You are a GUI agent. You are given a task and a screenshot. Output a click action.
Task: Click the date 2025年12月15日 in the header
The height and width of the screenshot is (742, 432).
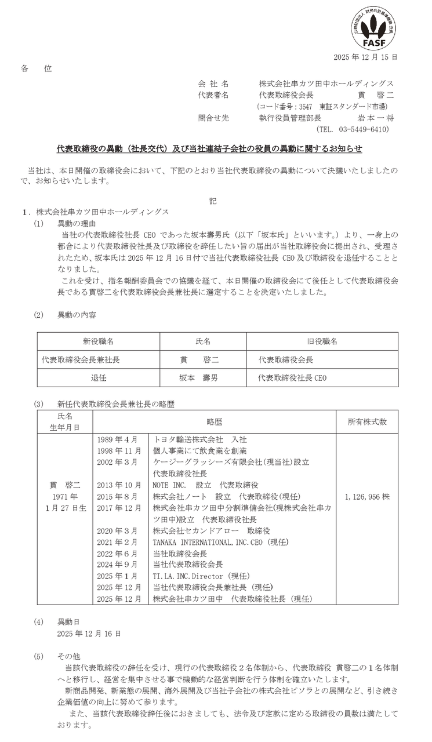coord(366,57)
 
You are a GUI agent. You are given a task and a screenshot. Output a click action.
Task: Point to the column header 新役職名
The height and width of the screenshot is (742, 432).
coord(98,341)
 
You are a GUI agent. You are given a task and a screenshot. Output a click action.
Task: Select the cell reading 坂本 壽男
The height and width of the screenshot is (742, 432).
coord(199,377)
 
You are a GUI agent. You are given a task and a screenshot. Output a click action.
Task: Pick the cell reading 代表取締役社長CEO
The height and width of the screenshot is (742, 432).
coord(293,377)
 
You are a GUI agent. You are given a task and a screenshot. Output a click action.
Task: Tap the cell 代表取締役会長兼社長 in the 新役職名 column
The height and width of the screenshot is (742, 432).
coord(81,359)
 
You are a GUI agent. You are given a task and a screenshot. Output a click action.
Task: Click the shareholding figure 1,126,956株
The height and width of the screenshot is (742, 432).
coord(367,497)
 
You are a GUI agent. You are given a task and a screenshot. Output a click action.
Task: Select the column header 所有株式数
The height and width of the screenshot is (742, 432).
coord(367,421)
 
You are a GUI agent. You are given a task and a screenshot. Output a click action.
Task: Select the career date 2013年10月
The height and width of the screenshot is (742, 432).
coord(121,485)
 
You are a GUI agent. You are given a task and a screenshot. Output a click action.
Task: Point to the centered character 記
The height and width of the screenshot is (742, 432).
coord(212,202)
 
